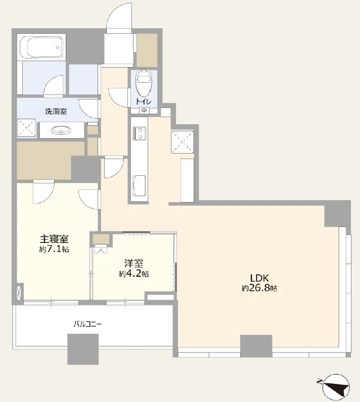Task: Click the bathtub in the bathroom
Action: (x=41, y=47)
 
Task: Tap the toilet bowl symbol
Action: (x=144, y=82)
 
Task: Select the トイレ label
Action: (x=144, y=102)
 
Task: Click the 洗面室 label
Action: (x=56, y=112)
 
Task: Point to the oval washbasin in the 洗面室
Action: (x=61, y=130)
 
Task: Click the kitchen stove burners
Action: (x=139, y=133)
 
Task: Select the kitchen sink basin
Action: (x=139, y=186)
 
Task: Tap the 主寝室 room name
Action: (x=54, y=239)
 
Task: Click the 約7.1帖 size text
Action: (x=54, y=249)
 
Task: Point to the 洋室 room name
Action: (x=133, y=264)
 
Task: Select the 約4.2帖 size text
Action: (x=133, y=274)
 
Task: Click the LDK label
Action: (x=259, y=278)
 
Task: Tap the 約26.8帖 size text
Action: (x=259, y=288)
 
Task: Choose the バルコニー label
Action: (x=87, y=324)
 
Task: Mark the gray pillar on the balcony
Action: (x=83, y=349)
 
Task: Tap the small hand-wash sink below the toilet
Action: (x=144, y=111)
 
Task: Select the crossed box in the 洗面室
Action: (x=26, y=128)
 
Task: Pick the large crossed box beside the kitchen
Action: (x=183, y=142)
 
